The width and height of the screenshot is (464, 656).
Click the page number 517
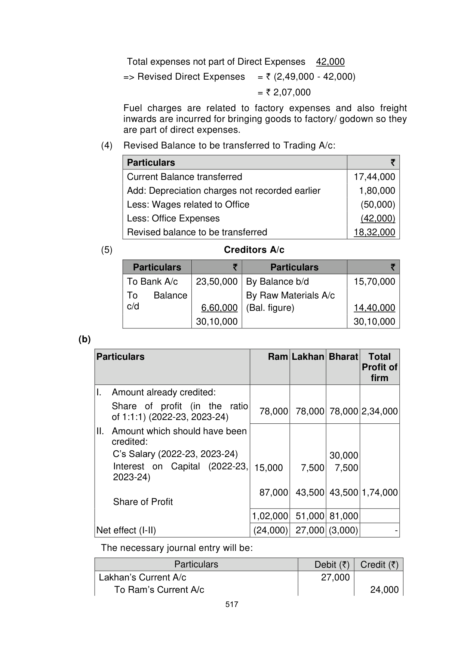click(x=232, y=604)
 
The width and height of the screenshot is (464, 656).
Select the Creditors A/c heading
click(x=254, y=250)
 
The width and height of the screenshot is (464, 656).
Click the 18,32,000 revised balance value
click(x=374, y=232)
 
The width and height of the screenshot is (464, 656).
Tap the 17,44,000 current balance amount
click(x=374, y=177)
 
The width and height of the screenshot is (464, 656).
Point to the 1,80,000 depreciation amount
click(x=377, y=191)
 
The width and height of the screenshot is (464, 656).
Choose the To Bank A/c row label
click(x=152, y=282)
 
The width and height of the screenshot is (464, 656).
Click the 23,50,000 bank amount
click(x=216, y=282)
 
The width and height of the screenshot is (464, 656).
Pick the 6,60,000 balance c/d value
click(x=219, y=308)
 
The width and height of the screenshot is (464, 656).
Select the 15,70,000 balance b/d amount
click(x=374, y=282)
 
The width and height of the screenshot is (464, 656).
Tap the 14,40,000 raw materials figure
click(x=374, y=308)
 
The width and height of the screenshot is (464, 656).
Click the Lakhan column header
click(x=308, y=357)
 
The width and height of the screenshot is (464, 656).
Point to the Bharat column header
click(x=343, y=357)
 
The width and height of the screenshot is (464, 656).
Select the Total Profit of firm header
click(x=380, y=367)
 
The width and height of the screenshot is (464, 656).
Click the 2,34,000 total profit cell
click(x=380, y=411)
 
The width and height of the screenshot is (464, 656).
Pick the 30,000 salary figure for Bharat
click(x=344, y=456)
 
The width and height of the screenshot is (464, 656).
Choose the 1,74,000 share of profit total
click(x=380, y=493)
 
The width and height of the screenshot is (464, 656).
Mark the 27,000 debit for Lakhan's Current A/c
click(x=335, y=577)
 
